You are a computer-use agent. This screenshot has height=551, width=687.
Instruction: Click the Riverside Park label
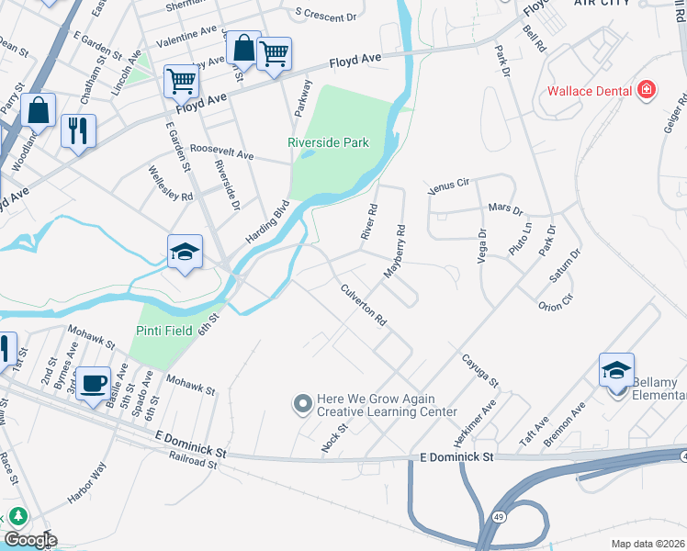coord(328,142)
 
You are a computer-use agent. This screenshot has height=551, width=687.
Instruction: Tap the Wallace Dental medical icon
coord(648,90)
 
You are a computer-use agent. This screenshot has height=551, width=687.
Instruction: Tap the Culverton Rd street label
coord(364,305)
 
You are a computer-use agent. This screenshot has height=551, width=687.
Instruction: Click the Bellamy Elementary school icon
coord(616,370)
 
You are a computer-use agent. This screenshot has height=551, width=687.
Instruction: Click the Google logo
coord(29,540)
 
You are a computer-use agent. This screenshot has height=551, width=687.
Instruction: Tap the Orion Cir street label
coord(556,302)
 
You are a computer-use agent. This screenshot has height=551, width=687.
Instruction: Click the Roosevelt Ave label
coord(221,154)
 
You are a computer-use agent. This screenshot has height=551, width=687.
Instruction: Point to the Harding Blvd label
coord(267,222)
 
